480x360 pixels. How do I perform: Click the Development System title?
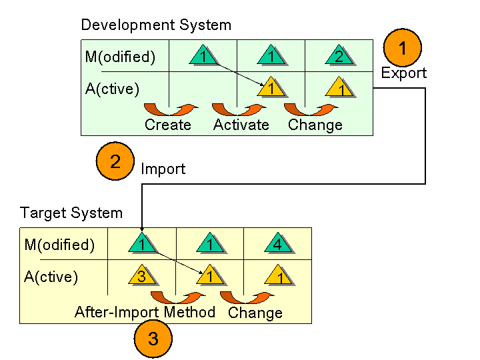pos(156,25)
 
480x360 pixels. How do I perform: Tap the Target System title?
pos(71,213)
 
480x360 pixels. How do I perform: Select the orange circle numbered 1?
pos(403,48)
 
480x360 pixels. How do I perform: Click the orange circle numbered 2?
pos(115,161)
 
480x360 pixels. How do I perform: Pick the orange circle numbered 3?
pos(153,339)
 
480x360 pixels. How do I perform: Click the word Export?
pos(404,73)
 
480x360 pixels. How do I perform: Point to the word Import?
pos(163,169)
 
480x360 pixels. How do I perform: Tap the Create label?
pos(168,125)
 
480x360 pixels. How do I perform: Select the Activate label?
pos(241,125)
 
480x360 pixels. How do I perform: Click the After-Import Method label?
pos(145,312)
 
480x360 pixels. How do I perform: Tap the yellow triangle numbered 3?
pos(142,275)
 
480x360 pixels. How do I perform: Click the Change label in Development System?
pos(315,125)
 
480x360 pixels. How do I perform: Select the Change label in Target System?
pos(255,313)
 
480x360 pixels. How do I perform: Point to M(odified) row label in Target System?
pos(59,245)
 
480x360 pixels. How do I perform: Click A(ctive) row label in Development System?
pos(112,89)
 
